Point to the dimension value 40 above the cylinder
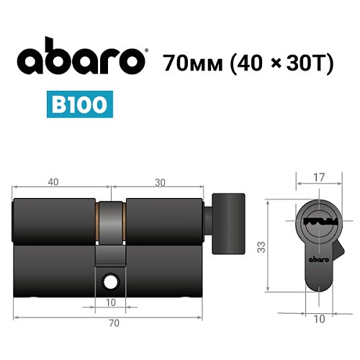pyautogui.click(x=54, y=182)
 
